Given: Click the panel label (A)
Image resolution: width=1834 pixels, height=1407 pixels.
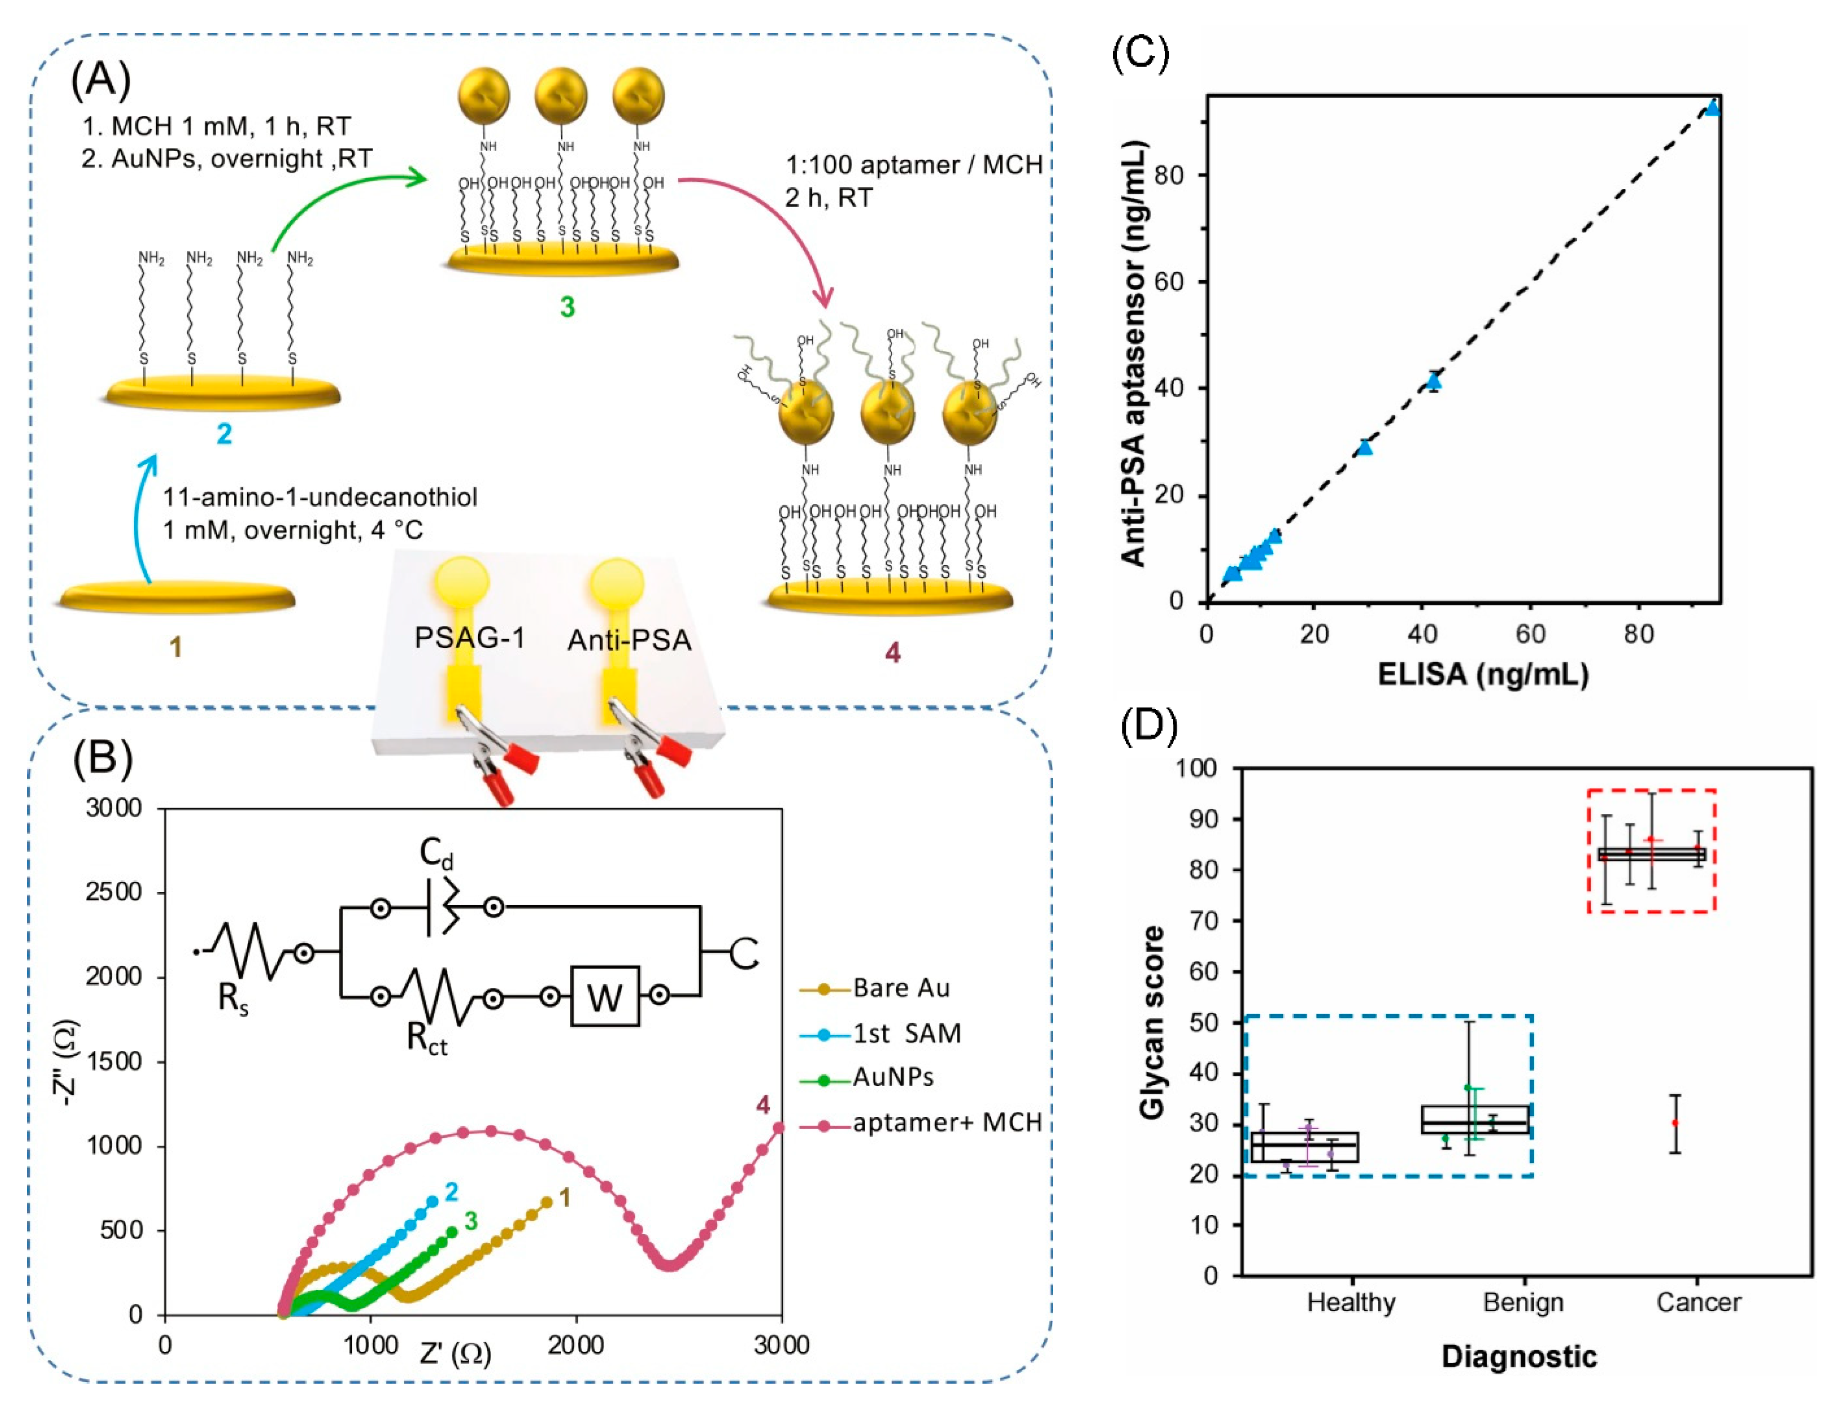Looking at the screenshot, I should [101, 80].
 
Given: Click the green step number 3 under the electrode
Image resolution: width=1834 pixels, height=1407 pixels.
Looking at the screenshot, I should [567, 307].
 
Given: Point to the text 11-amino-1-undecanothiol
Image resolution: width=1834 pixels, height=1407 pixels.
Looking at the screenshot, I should [320, 498].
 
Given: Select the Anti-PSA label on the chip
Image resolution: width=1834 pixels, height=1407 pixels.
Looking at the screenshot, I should [629, 641].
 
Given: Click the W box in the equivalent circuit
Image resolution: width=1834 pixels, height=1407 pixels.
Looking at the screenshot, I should [605, 997].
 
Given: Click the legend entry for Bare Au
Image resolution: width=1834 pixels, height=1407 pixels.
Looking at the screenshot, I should [901, 988].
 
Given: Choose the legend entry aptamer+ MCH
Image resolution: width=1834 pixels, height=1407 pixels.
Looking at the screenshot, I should [946, 1123].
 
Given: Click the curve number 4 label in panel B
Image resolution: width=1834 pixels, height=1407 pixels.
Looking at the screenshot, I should [763, 1105].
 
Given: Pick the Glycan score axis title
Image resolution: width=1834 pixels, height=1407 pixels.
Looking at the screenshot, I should [1153, 1022].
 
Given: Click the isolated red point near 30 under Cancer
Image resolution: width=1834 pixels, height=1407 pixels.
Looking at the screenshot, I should [1675, 1123].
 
